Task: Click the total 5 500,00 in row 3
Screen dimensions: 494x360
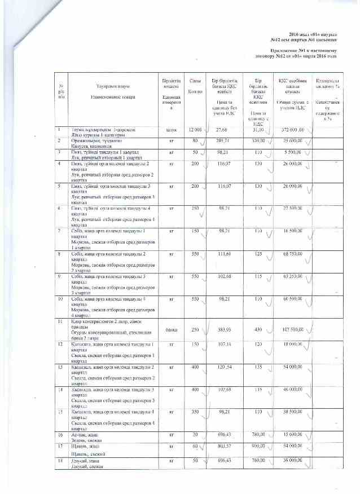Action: click(293, 152)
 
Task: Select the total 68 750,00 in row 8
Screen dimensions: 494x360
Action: click(292, 254)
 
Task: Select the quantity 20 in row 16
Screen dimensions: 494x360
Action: click(195, 435)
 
